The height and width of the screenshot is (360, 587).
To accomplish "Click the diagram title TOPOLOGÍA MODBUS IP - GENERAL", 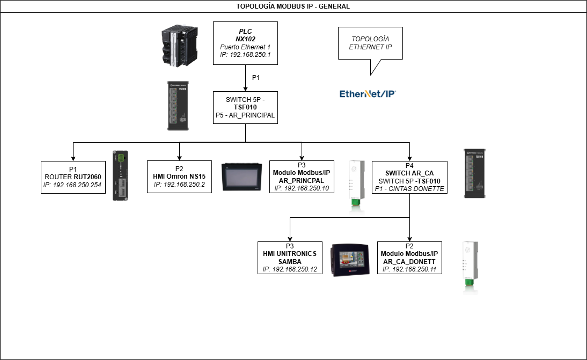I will tap(293, 6).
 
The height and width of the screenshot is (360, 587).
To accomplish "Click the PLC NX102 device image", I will tap(180, 46).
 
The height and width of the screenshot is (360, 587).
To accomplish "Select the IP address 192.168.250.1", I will tap(245, 55).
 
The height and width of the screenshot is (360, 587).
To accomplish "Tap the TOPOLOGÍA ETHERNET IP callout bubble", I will tap(370, 43).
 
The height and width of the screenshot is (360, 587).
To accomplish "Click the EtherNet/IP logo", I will tap(368, 94).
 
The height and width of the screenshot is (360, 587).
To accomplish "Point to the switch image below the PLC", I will tap(180, 104).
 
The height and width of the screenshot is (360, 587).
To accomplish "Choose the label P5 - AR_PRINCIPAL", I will tap(245, 115).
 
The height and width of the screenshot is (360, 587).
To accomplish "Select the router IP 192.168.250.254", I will tap(72, 185).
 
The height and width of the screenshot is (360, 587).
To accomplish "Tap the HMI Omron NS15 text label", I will tap(179, 176).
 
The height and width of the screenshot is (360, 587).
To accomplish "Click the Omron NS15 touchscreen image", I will tap(241, 177).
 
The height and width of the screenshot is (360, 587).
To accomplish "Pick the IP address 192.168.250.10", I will tap(301, 188).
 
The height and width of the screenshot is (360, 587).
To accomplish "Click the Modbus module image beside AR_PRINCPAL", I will tap(357, 188).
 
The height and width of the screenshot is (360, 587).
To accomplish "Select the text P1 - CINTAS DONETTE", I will tap(409, 189).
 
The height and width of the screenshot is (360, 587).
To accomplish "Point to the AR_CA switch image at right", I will tap(476, 172).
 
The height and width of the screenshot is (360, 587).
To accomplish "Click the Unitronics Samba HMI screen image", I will tap(349, 259).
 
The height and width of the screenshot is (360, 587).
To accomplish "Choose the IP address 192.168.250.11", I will tap(409, 269).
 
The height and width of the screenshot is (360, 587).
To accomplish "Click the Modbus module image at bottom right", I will tap(471, 268).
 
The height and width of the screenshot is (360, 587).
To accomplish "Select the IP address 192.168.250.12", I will tap(290, 269).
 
